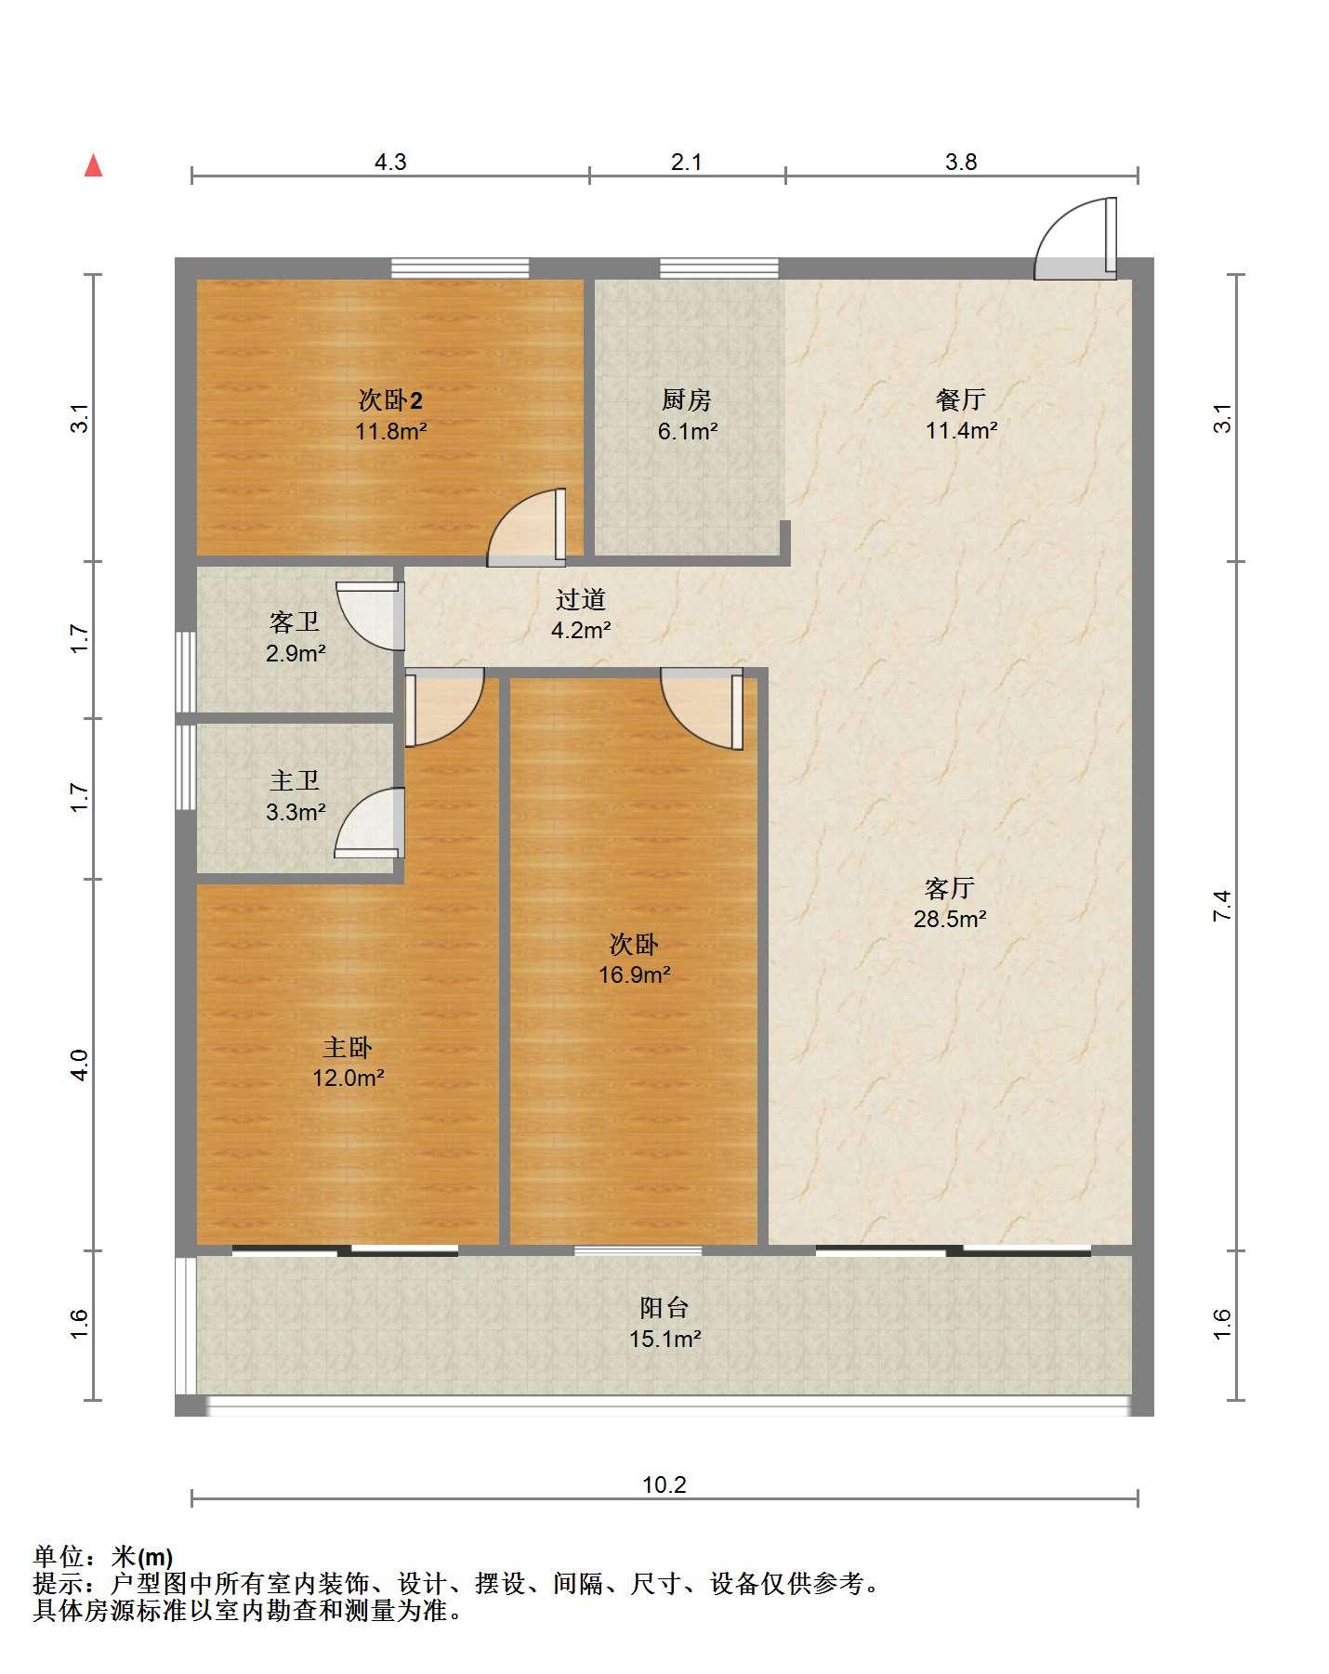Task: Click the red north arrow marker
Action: (x=93, y=165)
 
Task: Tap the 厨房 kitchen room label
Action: (x=687, y=399)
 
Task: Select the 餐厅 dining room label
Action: (x=961, y=399)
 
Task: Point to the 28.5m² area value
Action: (x=949, y=919)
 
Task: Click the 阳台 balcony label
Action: (x=664, y=1308)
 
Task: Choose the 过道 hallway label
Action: (x=581, y=599)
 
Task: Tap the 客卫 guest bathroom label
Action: (x=295, y=621)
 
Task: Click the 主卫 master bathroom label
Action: (x=295, y=781)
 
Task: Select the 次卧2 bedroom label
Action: (x=390, y=400)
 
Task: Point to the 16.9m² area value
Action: (x=635, y=974)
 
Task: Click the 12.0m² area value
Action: (x=349, y=1078)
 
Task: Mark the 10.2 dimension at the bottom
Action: (x=664, y=1484)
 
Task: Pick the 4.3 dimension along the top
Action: (x=390, y=162)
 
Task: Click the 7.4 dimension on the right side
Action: (x=1222, y=905)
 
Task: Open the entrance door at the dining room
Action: (x=1076, y=238)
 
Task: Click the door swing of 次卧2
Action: (x=527, y=527)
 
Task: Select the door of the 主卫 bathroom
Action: (x=370, y=823)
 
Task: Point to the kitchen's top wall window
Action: (x=719, y=268)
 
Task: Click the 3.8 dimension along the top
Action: (x=961, y=162)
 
